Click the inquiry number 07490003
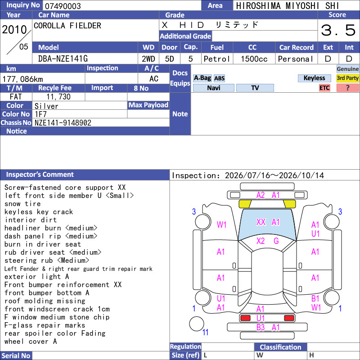pyautogui.click(x=63, y=6)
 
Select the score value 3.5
pyautogui.click(x=338, y=30)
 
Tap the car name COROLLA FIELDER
pyautogui.click(x=67, y=26)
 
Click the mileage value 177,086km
pyautogui.click(x=22, y=79)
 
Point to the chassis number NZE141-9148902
pyautogui.click(x=63, y=123)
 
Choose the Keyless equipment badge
pyautogui.click(x=314, y=78)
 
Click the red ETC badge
pyautogui.click(x=324, y=88)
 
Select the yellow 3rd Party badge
pyautogui.click(x=347, y=78)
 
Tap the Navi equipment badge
pyautogui.click(x=213, y=88)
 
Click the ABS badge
pyautogui.click(x=219, y=78)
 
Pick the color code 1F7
pyautogui.click(x=40, y=114)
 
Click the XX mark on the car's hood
pyautogui.click(x=261, y=222)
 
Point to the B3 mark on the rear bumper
pyautogui.click(x=261, y=328)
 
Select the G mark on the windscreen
pyautogui.click(x=276, y=241)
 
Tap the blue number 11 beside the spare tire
pyautogui.click(x=205, y=332)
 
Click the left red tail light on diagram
pyautogui.click(x=245, y=318)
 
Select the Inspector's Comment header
pyautogui.click(x=40, y=175)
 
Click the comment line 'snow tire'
pyautogui.click(x=22, y=204)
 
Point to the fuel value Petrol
pyautogui.click(x=216, y=59)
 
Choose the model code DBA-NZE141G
pyautogui.click(x=63, y=59)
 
